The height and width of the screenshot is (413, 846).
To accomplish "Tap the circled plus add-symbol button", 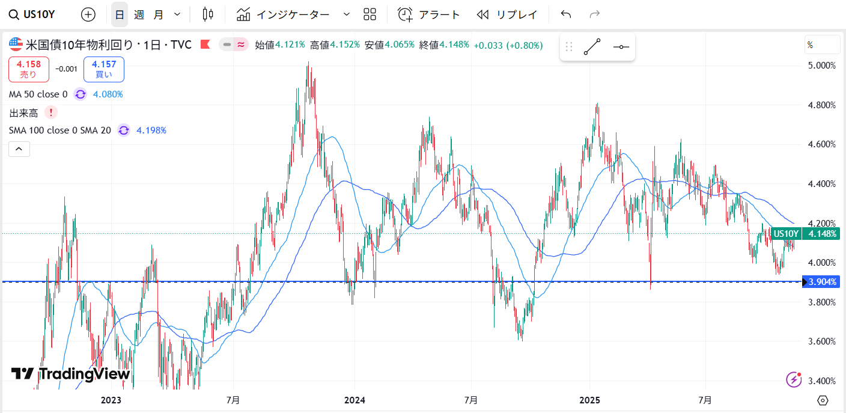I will [88, 14].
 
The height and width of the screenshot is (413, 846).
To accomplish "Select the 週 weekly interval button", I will [139, 14].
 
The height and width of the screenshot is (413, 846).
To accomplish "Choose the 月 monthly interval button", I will [158, 14].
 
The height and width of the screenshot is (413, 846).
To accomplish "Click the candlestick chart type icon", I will [208, 14].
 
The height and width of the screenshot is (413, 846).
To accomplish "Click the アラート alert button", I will [429, 14].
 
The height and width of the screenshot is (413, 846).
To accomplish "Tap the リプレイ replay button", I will [507, 14].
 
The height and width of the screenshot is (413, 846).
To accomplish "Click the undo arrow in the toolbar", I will [565, 14].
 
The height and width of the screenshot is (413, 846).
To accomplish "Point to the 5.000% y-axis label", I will [822, 66].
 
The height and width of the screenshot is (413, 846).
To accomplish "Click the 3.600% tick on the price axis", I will [822, 341].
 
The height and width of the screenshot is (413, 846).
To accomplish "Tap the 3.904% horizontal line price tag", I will [822, 281].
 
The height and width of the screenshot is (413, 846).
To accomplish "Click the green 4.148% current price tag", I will [822, 234].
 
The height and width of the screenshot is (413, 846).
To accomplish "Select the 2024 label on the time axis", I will [355, 400].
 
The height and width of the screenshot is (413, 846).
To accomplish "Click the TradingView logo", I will [71, 374].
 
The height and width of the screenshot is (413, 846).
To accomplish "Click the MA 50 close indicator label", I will [38, 94].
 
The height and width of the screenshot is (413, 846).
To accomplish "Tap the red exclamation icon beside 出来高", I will [51, 112].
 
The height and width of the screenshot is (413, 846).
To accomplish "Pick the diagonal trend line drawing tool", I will [592, 47].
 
